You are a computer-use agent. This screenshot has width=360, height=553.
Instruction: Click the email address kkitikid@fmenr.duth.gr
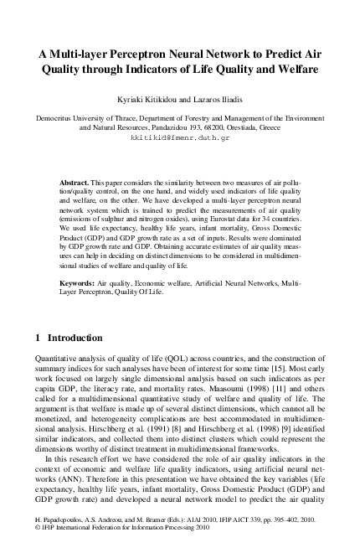(x=179, y=140)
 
